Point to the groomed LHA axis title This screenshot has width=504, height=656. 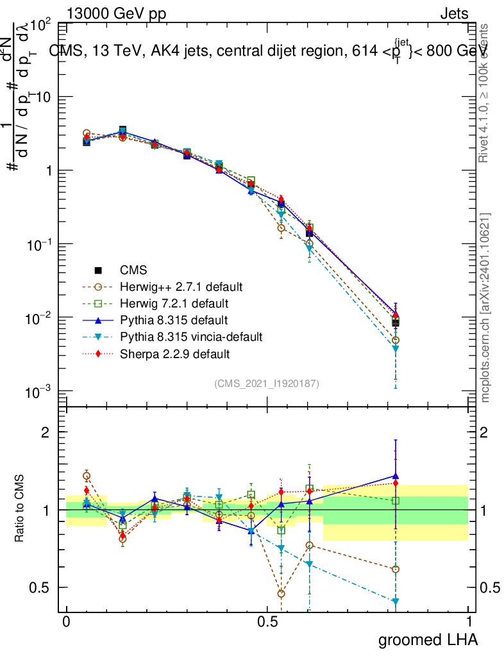point(428,639)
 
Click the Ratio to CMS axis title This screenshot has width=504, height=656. point(21,507)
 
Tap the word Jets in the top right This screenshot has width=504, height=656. point(454,13)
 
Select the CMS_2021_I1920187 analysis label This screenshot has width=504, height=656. point(267,383)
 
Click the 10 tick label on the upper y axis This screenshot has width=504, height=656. point(42,97)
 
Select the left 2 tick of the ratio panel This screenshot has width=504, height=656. point(46,432)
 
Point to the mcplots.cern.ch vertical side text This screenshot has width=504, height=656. point(485,307)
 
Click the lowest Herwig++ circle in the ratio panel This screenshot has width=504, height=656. point(281,594)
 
